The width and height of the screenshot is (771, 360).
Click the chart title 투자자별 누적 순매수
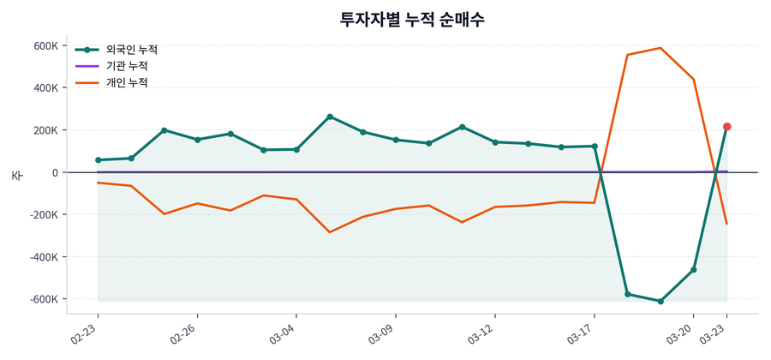pos(413,20)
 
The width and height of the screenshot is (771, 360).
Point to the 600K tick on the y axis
pos(45,45)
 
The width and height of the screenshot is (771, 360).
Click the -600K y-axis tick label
pos(44,299)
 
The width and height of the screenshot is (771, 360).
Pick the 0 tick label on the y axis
pos(53,172)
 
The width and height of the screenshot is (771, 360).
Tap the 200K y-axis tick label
pos(45,130)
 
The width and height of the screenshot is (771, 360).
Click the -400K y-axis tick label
pos(44,257)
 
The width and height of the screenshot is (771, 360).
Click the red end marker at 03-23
pos(726,127)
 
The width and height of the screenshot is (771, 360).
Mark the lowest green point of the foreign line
pos(660,301)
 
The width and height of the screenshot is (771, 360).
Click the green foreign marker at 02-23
pos(98,160)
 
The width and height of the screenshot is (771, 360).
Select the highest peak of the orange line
pos(660,48)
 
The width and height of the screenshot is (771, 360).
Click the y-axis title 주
pos(16,176)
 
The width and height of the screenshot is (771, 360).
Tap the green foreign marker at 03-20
pos(693,270)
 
